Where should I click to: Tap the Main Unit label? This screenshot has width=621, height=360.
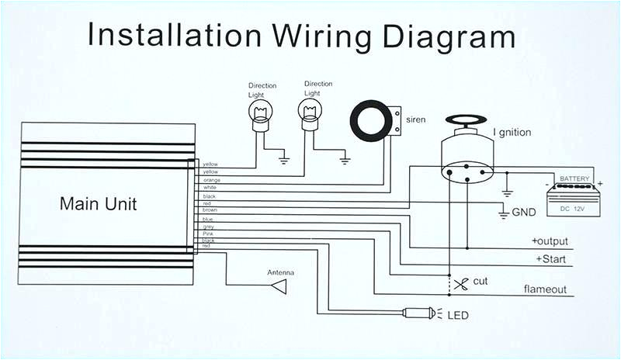(x=98, y=204)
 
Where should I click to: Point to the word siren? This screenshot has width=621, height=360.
(x=415, y=120)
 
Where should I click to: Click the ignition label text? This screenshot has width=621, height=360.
(x=512, y=133)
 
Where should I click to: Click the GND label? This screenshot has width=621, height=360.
(x=523, y=212)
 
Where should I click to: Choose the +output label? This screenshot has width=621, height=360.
(x=550, y=241)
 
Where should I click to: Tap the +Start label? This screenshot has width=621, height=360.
(x=552, y=258)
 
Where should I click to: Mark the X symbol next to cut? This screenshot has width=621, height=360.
(x=461, y=282)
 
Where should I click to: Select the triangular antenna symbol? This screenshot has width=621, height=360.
(x=278, y=286)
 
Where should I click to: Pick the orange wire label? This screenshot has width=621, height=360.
(x=211, y=180)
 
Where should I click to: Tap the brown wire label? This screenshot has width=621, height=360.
(x=210, y=209)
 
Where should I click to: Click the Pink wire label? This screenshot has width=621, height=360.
(x=207, y=233)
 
